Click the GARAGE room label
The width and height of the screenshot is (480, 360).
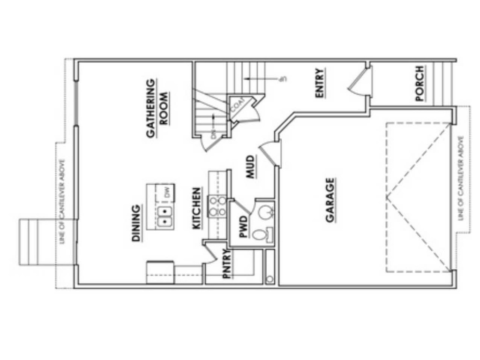tap(330, 200)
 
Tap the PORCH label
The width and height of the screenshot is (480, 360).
tap(420, 84)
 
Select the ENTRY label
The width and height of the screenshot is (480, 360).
tap(320, 83)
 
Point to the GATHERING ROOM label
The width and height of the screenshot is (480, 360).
tap(157, 109)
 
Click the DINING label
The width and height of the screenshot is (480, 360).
tap(136, 223)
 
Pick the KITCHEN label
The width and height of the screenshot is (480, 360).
tap(196, 208)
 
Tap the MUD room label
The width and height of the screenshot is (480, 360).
tap(250, 166)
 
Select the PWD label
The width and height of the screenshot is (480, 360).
tap(243, 227)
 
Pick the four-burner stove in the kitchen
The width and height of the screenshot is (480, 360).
tap(217, 206)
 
